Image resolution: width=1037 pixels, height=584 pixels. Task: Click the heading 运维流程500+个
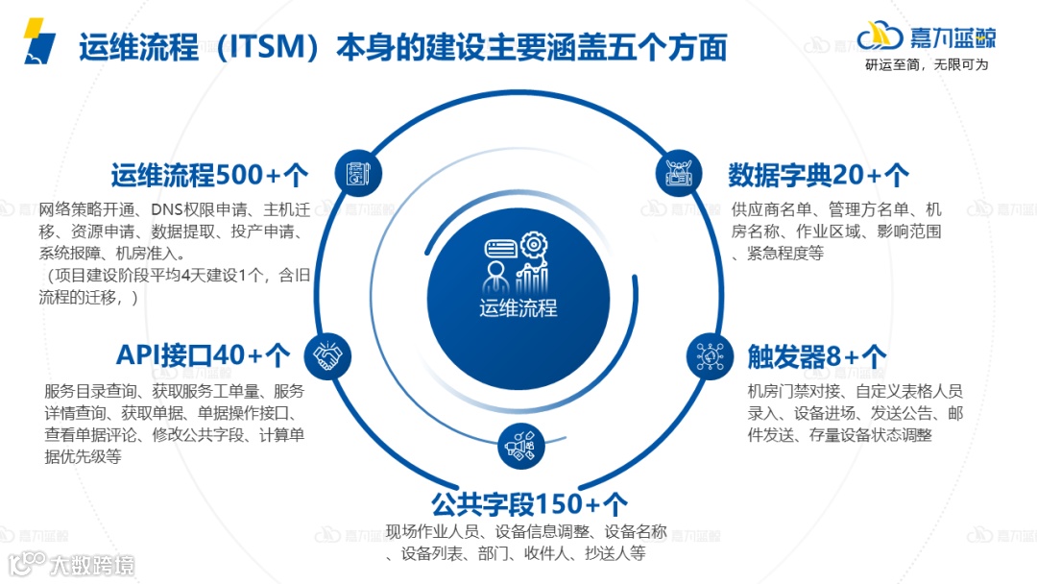click(209, 176)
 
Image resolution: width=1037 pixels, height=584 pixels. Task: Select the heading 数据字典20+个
click(819, 176)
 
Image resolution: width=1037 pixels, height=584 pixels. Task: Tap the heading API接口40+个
click(203, 355)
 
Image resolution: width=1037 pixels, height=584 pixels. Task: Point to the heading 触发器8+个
click(817, 356)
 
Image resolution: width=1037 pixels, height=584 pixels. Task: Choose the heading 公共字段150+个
click(529, 503)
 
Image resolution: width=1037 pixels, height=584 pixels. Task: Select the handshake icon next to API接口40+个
click(327, 357)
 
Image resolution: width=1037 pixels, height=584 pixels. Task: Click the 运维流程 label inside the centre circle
click(518, 308)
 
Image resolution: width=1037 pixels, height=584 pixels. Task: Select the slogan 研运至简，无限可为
click(927, 65)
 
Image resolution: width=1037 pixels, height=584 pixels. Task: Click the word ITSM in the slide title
click(261, 46)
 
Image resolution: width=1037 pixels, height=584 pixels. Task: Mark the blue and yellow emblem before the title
click(38, 41)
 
